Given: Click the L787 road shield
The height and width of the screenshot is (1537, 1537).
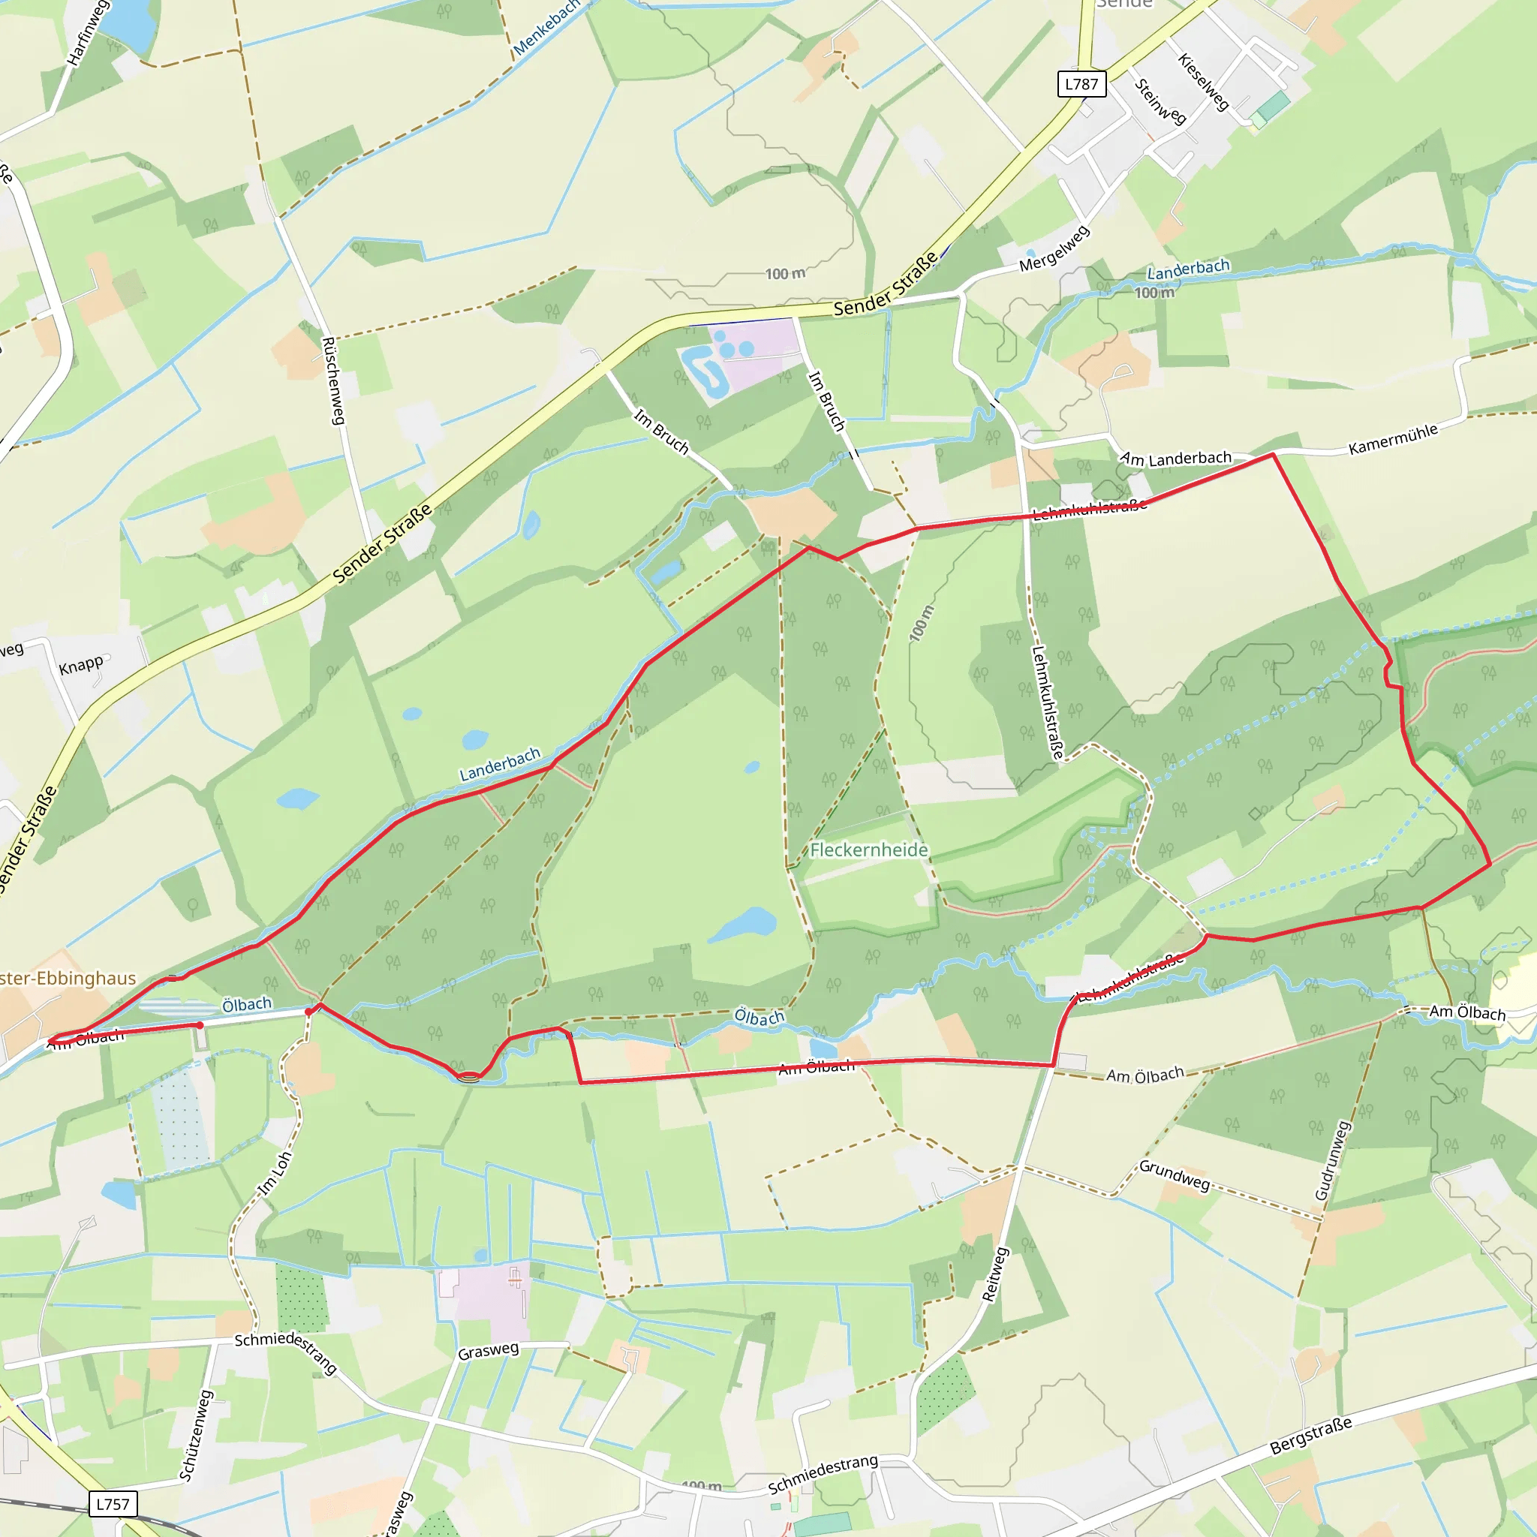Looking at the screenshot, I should (1081, 83).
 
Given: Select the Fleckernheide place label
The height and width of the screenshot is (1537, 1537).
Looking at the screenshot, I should (869, 850).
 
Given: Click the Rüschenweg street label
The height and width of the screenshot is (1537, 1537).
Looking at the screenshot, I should (332, 380).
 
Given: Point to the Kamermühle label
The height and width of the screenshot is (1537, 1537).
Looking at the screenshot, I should (1393, 439).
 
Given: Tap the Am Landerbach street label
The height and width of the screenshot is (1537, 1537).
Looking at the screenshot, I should (1176, 459).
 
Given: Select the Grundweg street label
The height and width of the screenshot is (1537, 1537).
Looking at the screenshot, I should (1175, 1175).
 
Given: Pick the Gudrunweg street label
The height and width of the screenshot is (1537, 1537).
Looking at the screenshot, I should (1333, 1161).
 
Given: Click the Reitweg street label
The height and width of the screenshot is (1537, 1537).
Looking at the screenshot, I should (995, 1274).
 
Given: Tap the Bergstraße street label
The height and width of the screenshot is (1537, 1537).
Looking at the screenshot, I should (1310, 1434).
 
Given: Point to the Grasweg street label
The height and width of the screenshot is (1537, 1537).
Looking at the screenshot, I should (489, 1350).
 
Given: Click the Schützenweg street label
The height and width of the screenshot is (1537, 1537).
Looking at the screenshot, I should (196, 1436).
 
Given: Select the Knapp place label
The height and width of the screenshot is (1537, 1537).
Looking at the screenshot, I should (81, 664).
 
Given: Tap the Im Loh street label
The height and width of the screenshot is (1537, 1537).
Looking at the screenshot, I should (275, 1174).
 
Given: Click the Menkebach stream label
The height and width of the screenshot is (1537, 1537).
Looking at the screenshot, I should (546, 28).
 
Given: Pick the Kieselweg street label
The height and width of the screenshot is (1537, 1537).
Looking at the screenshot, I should (1204, 81).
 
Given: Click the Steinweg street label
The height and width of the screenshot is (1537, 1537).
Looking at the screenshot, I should (1161, 102).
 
